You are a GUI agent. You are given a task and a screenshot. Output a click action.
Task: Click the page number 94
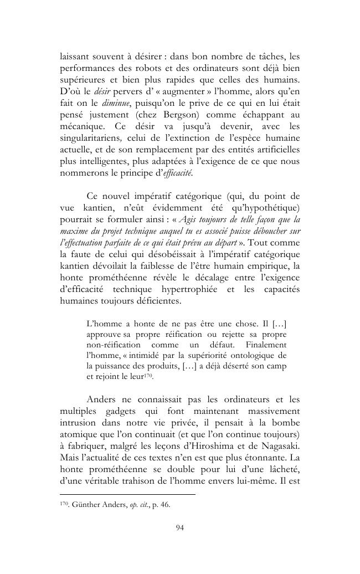[179, 527]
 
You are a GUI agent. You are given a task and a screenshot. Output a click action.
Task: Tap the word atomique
[78, 435]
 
